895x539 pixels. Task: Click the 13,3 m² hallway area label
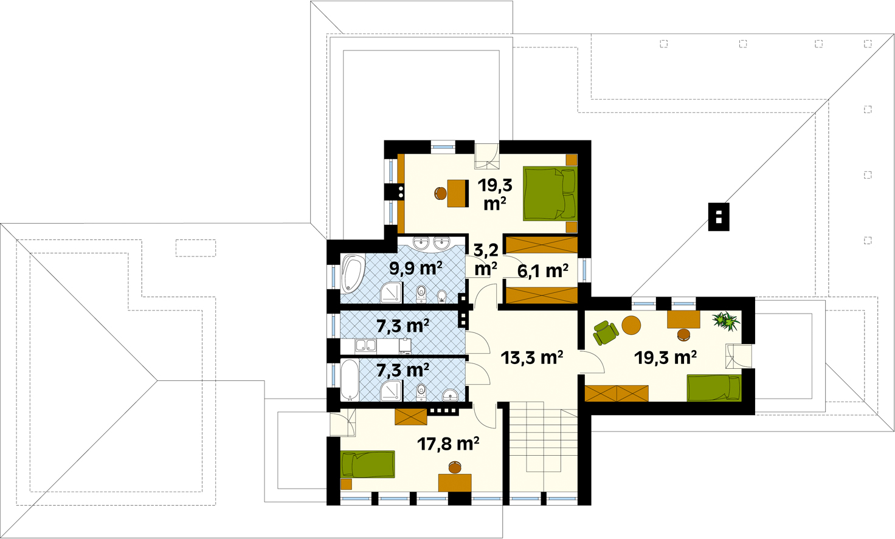(531, 358)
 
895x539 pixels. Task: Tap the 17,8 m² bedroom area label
(448, 444)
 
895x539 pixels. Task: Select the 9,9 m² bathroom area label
(415, 269)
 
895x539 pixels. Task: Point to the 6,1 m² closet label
(542, 270)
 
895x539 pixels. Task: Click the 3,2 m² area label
(485, 259)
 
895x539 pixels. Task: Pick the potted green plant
(725, 321)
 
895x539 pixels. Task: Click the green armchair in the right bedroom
(606, 332)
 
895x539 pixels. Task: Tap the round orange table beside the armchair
(631, 325)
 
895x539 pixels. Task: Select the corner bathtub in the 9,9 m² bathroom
(353, 274)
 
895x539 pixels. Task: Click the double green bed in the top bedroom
(550, 194)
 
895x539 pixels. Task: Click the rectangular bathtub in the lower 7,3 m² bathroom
(350, 380)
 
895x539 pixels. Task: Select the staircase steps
(544, 450)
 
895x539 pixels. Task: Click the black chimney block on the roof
(719, 217)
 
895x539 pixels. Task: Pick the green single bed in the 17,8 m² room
(368, 464)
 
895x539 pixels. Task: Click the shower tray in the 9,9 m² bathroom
(391, 292)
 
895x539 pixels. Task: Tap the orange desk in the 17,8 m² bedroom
(455, 482)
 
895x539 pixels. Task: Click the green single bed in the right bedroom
(714, 388)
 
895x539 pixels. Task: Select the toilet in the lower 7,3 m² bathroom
(421, 392)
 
